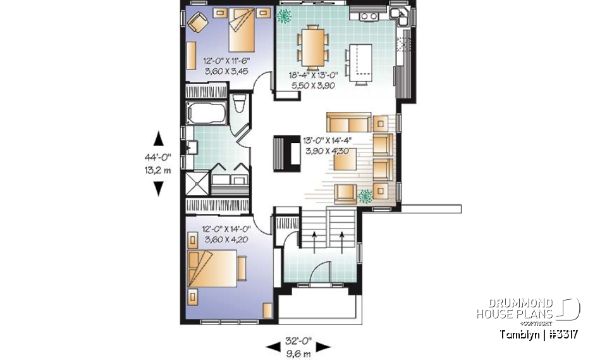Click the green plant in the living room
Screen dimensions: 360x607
coord(364,196)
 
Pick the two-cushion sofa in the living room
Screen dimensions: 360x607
coord(348,121)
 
